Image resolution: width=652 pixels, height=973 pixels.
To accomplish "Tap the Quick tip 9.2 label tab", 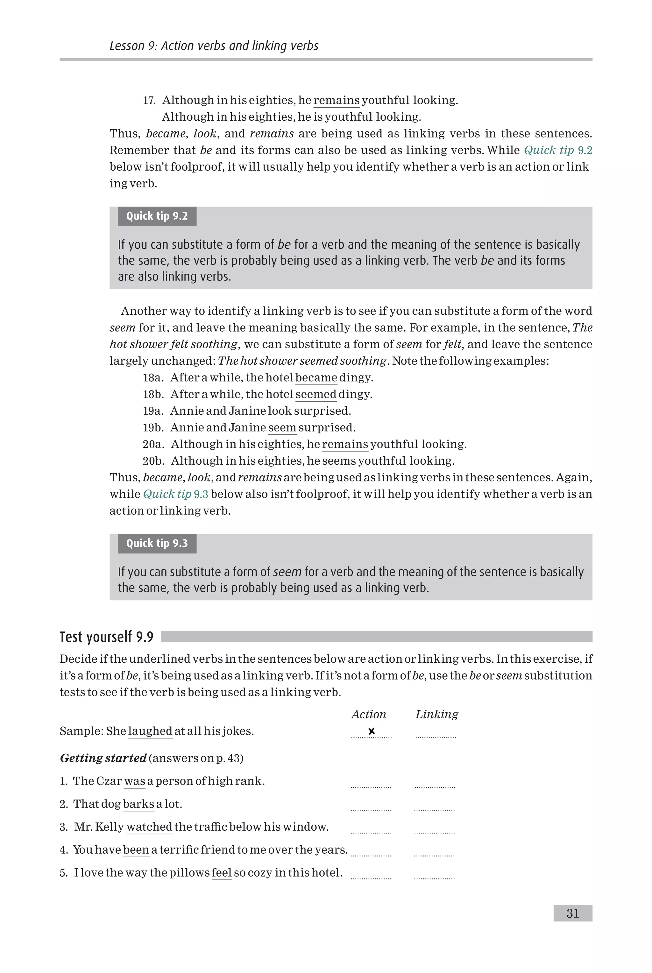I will [157, 216].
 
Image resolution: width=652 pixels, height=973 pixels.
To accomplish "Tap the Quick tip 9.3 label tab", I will [157, 543].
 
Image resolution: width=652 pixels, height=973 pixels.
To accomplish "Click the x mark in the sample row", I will [371, 731].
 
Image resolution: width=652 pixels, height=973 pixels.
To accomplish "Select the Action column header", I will [368, 714].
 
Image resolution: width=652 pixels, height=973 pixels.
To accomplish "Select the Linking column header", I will [436, 714].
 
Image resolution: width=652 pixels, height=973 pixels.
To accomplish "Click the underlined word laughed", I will [150, 731].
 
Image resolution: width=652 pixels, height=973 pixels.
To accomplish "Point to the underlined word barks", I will [138, 804].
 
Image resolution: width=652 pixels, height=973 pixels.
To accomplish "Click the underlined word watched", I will [149, 827].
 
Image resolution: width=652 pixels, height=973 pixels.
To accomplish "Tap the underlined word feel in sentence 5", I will [222, 872].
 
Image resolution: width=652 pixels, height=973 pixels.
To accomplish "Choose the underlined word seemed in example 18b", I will [316, 394].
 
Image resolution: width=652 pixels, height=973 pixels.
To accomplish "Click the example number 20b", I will [153, 461].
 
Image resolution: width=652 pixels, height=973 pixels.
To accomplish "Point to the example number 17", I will [149, 100].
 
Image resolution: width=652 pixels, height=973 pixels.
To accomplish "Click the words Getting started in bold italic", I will [103, 758].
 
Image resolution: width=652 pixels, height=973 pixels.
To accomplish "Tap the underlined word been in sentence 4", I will [136, 850].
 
